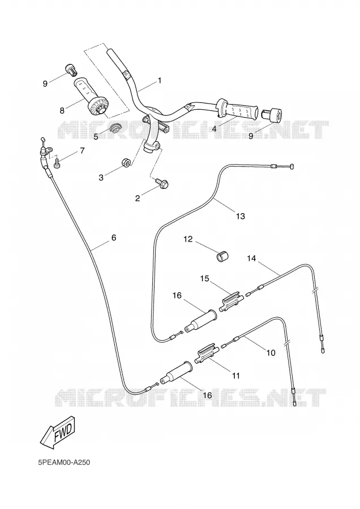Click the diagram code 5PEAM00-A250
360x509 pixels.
pos(64,462)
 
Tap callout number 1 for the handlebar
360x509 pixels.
pos(160,71)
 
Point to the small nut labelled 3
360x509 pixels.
pos(126,162)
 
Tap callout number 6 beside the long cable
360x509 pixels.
pos(114,238)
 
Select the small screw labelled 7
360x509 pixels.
pos(58,162)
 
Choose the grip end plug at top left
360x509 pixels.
pos(71,69)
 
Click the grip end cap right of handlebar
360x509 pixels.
pos(272,114)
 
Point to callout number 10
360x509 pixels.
pos(271,352)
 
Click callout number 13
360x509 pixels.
pos(241,216)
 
